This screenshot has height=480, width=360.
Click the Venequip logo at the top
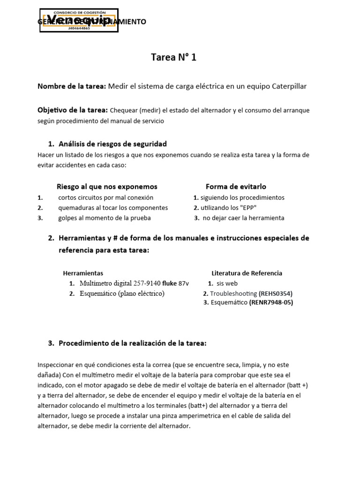(79, 21)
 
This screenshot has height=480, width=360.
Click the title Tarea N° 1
(173, 58)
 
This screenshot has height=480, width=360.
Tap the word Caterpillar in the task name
(286, 86)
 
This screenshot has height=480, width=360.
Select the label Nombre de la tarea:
(72, 86)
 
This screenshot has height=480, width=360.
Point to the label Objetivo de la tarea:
(73, 110)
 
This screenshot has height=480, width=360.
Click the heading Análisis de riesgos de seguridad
(112, 143)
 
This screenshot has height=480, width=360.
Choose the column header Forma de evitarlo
(236, 187)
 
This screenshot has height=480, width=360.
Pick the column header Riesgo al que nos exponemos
(107, 187)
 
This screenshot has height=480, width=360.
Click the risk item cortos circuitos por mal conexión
(105, 197)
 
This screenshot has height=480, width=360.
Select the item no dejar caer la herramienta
(243, 218)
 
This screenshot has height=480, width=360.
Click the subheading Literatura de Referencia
(247, 273)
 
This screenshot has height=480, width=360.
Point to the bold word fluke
(169, 283)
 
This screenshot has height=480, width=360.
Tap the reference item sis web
(227, 283)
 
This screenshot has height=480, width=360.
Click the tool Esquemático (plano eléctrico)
(122, 293)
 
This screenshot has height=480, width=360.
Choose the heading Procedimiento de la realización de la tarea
(132, 343)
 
